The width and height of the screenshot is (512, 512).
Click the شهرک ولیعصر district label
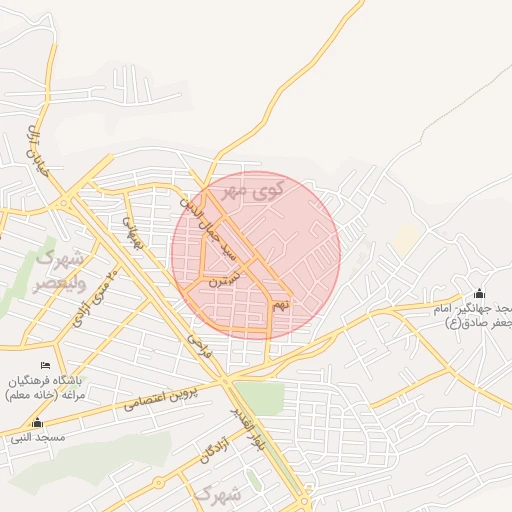click(62, 270)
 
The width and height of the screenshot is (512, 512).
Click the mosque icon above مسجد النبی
click(38, 423)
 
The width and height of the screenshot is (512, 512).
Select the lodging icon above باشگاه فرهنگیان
click(47, 366)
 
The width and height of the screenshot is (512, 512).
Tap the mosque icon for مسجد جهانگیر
click(479, 293)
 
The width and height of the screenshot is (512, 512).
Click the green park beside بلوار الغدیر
click(259, 396)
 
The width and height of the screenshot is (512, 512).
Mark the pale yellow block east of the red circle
click(405, 238)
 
